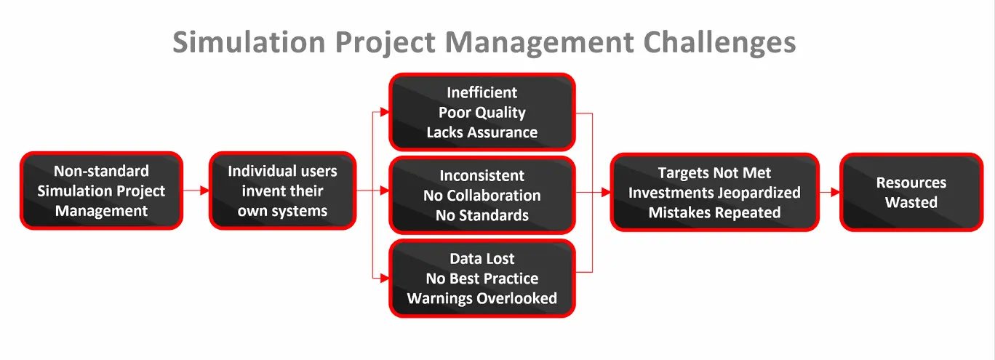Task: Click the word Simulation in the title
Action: pos(249,42)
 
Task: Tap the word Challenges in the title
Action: pos(719,43)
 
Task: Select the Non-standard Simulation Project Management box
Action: pos(101,191)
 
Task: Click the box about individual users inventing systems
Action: pos(282,191)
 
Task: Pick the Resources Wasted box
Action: pos(911,192)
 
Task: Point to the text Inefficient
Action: pos(482,92)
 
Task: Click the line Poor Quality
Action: pos(482,113)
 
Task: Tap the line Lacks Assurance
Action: pos(482,132)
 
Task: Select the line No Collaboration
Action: pos(482,196)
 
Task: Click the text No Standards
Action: pos(482,215)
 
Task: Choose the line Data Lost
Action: pos(482,258)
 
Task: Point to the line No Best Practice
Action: pos(482,279)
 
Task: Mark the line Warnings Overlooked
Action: pos(482,298)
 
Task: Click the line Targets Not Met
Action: pos(714,172)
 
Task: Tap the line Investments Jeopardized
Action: pos(714,193)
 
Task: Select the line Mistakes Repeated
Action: pos(714,212)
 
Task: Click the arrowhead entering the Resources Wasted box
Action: pos(836,192)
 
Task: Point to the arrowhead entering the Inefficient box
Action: pos(385,112)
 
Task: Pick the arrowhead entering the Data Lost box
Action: pos(385,279)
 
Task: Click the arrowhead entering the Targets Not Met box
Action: pos(606,192)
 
